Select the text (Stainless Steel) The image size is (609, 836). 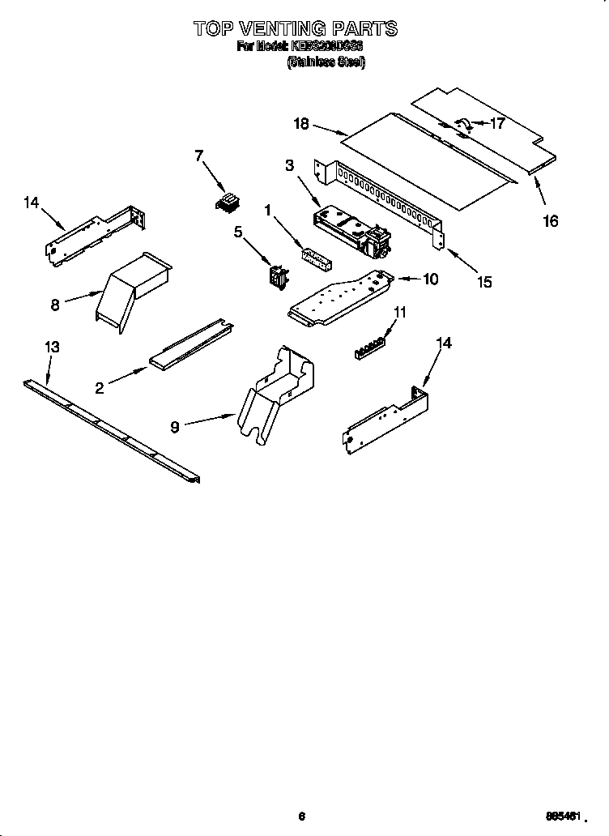click(326, 62)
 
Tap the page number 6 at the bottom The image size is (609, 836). click(301, 816)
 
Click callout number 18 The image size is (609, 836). click(301, 123)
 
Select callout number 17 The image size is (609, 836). click(496, 124)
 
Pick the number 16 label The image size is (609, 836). click(550, 221)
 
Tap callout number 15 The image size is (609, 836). click(484, 282)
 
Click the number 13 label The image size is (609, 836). click(51, 347)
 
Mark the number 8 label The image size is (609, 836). click(55, 305)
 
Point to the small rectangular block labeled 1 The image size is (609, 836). click(317, 256)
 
